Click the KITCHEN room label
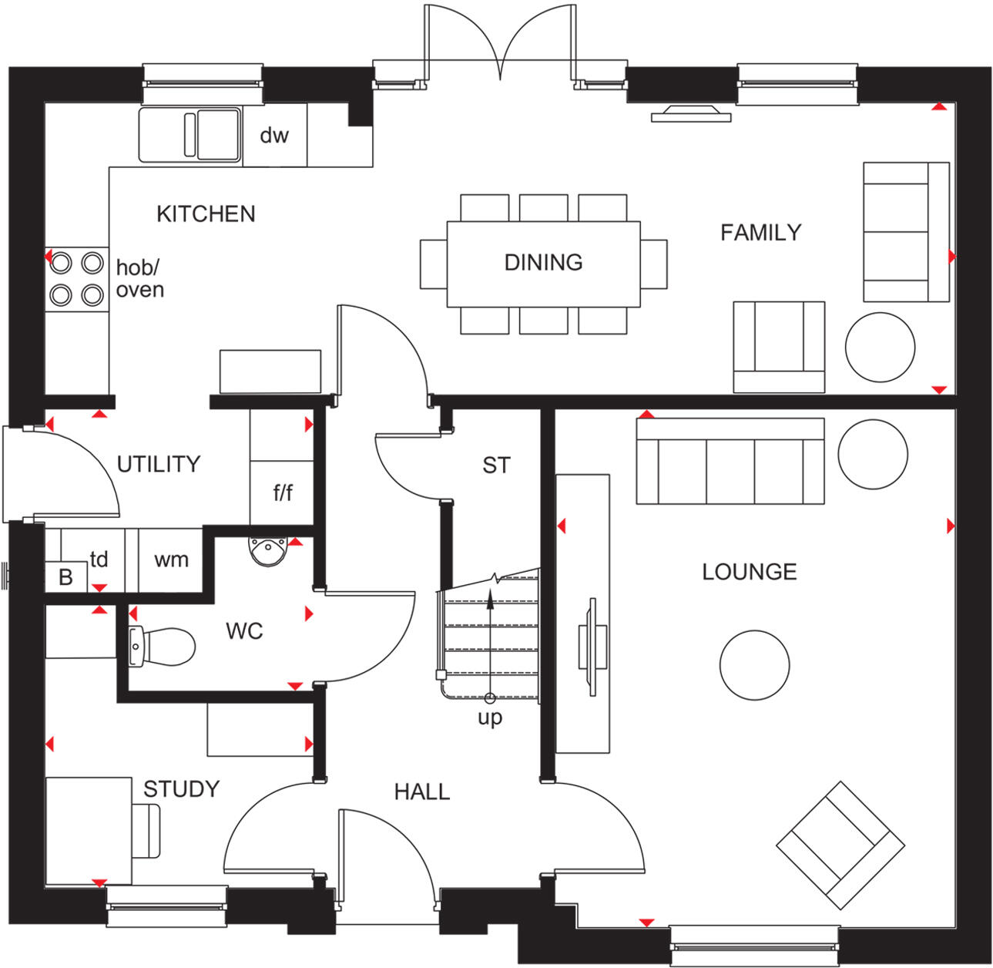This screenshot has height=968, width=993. coord(206,213)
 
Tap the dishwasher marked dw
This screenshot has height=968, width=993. coord(274,136)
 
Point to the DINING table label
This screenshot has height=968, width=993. coord(543,263)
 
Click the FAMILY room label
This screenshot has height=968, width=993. coord(760,232)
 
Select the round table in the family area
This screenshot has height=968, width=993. coord(880,347)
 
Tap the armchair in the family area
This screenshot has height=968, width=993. coord(779,347)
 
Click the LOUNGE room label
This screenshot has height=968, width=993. coord(749,572)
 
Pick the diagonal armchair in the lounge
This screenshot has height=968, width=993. coord(840,845)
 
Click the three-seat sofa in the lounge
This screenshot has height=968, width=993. coord(730,461)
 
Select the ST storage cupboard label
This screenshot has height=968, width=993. coord(496,466)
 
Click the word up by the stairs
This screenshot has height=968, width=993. coord(490,718)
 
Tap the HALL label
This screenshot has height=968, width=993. coord(421,792)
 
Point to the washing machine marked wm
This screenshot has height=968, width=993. coord(171,560)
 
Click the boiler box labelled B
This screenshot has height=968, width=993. coord(65,577)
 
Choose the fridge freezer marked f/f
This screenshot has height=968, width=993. coord(283,492)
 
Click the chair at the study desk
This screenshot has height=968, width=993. coord(146,831)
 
